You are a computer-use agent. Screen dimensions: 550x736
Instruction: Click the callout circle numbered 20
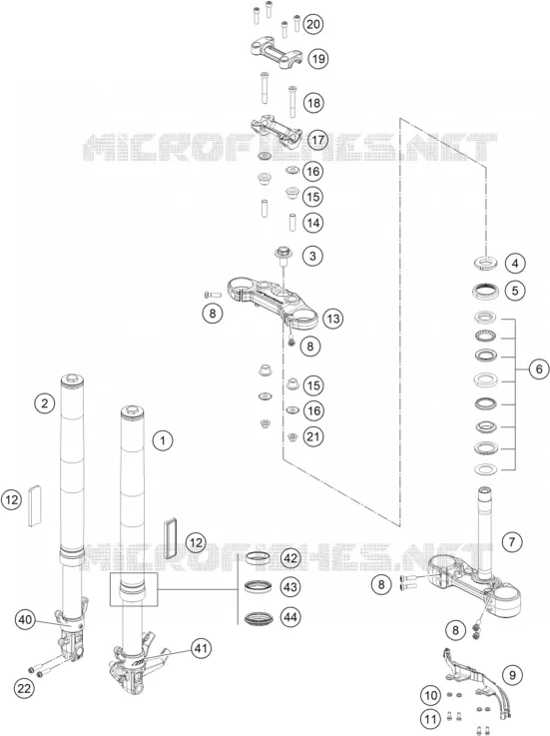pyautogui.click(x=313, y=24)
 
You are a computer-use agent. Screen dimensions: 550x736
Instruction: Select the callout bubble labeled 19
pyautogui.click(x=318, y=59)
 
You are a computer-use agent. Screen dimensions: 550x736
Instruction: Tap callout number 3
pyautogui.click(x=312, y=256)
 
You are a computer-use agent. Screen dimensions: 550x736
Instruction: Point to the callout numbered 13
pyautogui.click(x=333, y=319)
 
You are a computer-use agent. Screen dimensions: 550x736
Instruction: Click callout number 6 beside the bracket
pyautogui.click(x=539, y=368)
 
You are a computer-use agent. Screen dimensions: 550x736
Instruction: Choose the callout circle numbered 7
pyautogui.click(x=512, y=542)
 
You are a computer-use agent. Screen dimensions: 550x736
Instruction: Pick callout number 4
pyautogui.click(x=515, y=264)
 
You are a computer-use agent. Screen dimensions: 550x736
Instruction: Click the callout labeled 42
pyautogui.click(x=290, y=558)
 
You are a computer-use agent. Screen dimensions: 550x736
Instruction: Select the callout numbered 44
pyautogui.click(x=290, y=617)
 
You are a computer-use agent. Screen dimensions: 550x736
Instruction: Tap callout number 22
pyautogui.click(x=24, y=689)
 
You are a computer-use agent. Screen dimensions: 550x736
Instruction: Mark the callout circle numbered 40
pyautogui.click(x=25, y=619)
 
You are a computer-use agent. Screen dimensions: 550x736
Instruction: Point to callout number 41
pyautogui.click(x=201, y=649)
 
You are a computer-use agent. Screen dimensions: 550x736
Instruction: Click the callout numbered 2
pyautogui.click(x=45, y=402)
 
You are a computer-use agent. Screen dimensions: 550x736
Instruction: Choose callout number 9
pyautogui.click(x=512, y=674)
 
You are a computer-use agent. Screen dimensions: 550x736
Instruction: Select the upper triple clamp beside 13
pyautogui.click(x=273, y=299)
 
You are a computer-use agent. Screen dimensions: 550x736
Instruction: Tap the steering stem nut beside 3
pyautogui.click(x=283, y=254)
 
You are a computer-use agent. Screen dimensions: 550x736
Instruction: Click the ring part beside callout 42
pyautogui.click(x=259, y=558)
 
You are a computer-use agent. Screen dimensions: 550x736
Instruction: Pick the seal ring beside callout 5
pyautogui.click(x=486, y=291)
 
